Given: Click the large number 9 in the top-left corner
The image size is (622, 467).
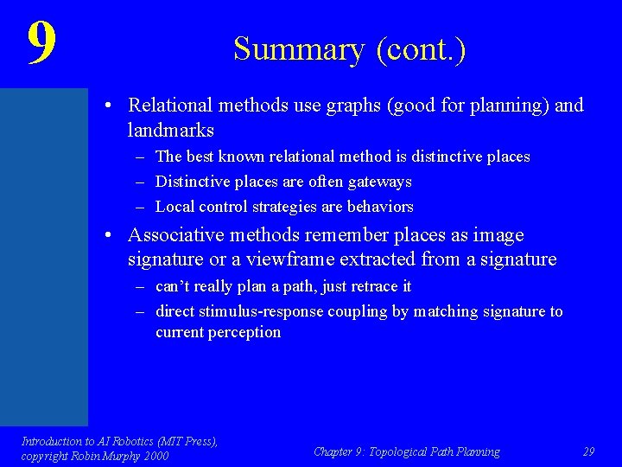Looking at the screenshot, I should point(41,43).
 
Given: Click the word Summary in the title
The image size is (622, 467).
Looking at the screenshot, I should point(299,49).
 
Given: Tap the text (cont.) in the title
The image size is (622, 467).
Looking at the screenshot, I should point(421,49).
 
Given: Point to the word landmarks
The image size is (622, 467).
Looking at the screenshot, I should point(170,131).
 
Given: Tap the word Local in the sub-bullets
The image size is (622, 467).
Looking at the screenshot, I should point(174,207).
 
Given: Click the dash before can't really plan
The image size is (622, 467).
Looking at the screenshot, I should point(139,286).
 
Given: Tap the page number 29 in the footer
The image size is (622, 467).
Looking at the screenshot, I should point(588,451).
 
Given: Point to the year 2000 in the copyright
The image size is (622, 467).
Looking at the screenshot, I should point(155,456).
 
